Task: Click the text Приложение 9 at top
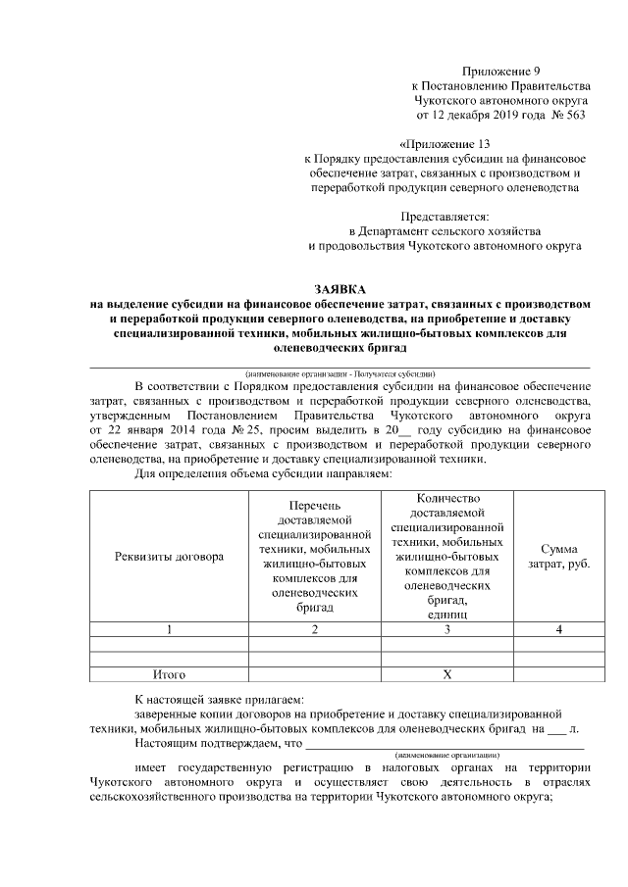500,72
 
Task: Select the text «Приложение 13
445,143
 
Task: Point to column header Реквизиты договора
169,557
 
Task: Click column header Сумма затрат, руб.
558,557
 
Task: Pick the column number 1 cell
169,629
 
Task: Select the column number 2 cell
314,629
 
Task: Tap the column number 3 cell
446,629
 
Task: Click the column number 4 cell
558,629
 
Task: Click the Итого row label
169,675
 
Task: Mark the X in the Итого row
446,675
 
